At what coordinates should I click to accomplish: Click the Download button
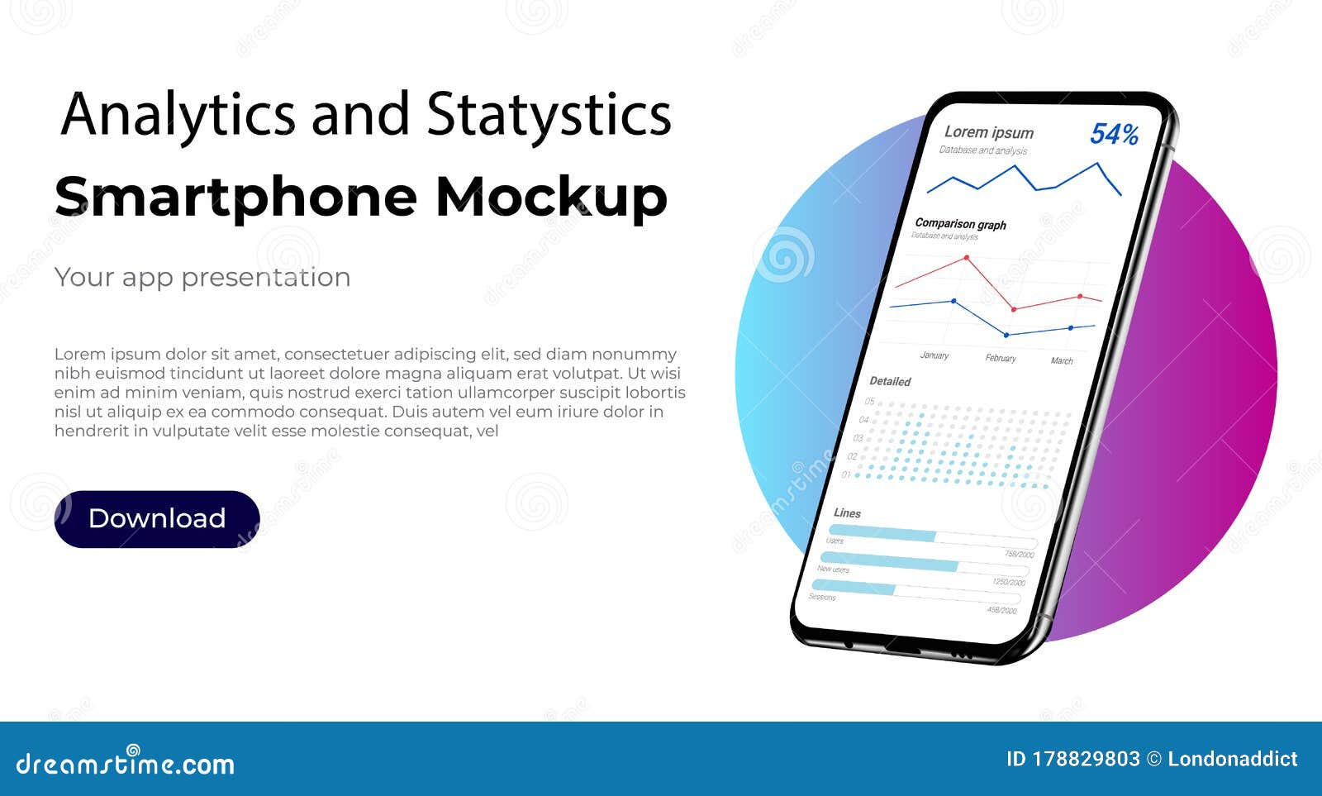(157, 519)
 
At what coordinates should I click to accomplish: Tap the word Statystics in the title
(549, 114)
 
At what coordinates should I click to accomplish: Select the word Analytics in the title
(178, 114)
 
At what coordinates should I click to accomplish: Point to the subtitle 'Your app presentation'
(202, 277)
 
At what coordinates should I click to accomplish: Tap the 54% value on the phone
(1114, 134)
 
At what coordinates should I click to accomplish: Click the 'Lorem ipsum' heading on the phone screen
(988, 132)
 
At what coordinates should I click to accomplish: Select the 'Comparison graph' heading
(960, 224)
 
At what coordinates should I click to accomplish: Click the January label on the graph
(934, 355)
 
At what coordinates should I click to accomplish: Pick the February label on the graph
(1001, 358)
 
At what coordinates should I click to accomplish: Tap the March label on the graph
(1062, 360)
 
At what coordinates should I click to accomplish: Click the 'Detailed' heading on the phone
(890, 381)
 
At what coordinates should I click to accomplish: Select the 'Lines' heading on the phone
(847, 512)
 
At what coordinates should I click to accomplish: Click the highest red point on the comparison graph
(967, 258)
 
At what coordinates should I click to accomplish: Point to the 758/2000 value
(1019, 554)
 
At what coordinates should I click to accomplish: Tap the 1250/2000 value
(1009, 582)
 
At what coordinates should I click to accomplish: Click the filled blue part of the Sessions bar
(854, 587)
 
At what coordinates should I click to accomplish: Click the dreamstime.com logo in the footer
(125, 763)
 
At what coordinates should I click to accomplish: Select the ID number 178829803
(1086, 759)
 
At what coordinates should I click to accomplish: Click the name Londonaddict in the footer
(1232, 759)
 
